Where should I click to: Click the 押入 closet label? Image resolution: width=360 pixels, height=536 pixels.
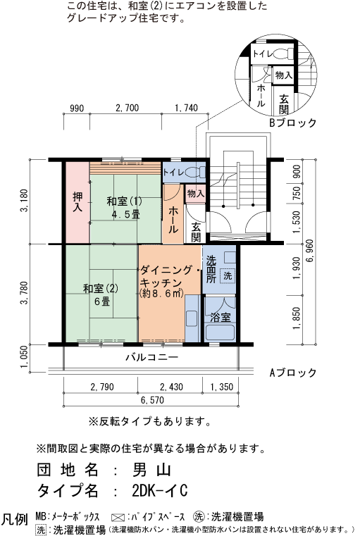77,201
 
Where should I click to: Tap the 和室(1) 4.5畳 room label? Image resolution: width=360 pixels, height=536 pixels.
124,208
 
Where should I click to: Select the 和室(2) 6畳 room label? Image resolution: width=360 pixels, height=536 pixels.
100,294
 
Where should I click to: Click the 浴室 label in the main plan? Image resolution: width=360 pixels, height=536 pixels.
221,318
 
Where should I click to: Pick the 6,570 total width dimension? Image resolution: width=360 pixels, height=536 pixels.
153,400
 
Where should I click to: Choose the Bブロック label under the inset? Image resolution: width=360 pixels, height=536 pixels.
293,123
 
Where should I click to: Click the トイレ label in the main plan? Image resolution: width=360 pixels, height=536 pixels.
175,172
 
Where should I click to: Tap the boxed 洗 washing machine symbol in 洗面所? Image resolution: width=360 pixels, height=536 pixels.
227,275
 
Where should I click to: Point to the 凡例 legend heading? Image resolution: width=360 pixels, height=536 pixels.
15,520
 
